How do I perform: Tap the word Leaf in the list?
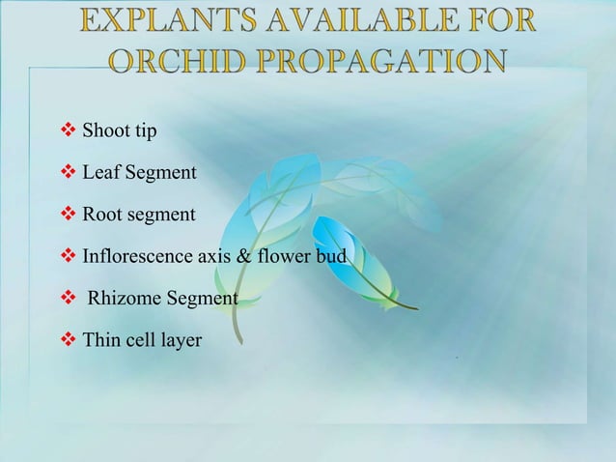click(98, 173)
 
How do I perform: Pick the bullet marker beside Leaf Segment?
click(69, 173)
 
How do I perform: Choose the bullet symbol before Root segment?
click(69, 215)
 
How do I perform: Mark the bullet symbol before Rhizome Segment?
click(69, 299)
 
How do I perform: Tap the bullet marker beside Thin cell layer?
click(69, 340)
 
